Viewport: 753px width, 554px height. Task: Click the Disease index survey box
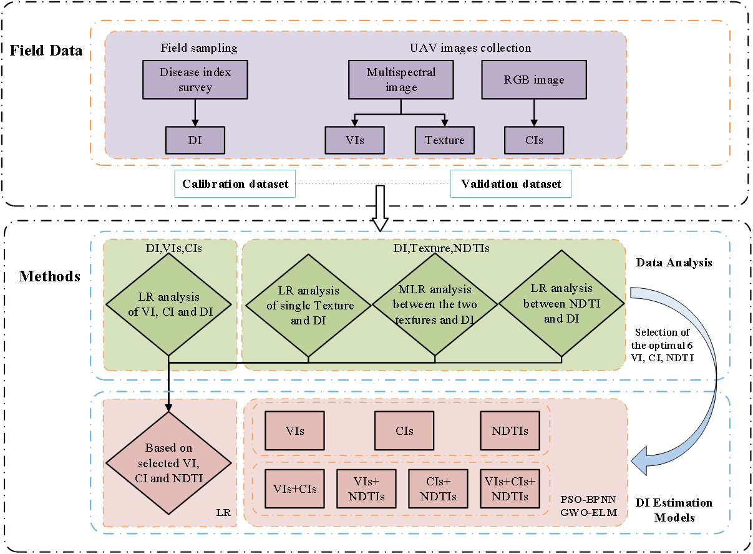195,80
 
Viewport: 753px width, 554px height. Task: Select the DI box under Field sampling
195,140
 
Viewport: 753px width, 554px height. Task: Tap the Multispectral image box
401,80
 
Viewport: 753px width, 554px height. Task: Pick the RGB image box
533,80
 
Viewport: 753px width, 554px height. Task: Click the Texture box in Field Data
444,140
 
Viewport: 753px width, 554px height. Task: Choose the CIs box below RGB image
533,140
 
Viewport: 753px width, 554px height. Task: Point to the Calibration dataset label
235,184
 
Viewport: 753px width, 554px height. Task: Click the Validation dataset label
511,184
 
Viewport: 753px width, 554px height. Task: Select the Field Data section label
46,51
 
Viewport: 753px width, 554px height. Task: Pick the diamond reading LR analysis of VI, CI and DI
168,304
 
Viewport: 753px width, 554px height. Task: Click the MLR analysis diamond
435,304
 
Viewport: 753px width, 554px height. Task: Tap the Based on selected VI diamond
168,463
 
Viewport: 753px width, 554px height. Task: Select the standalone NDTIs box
510,430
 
